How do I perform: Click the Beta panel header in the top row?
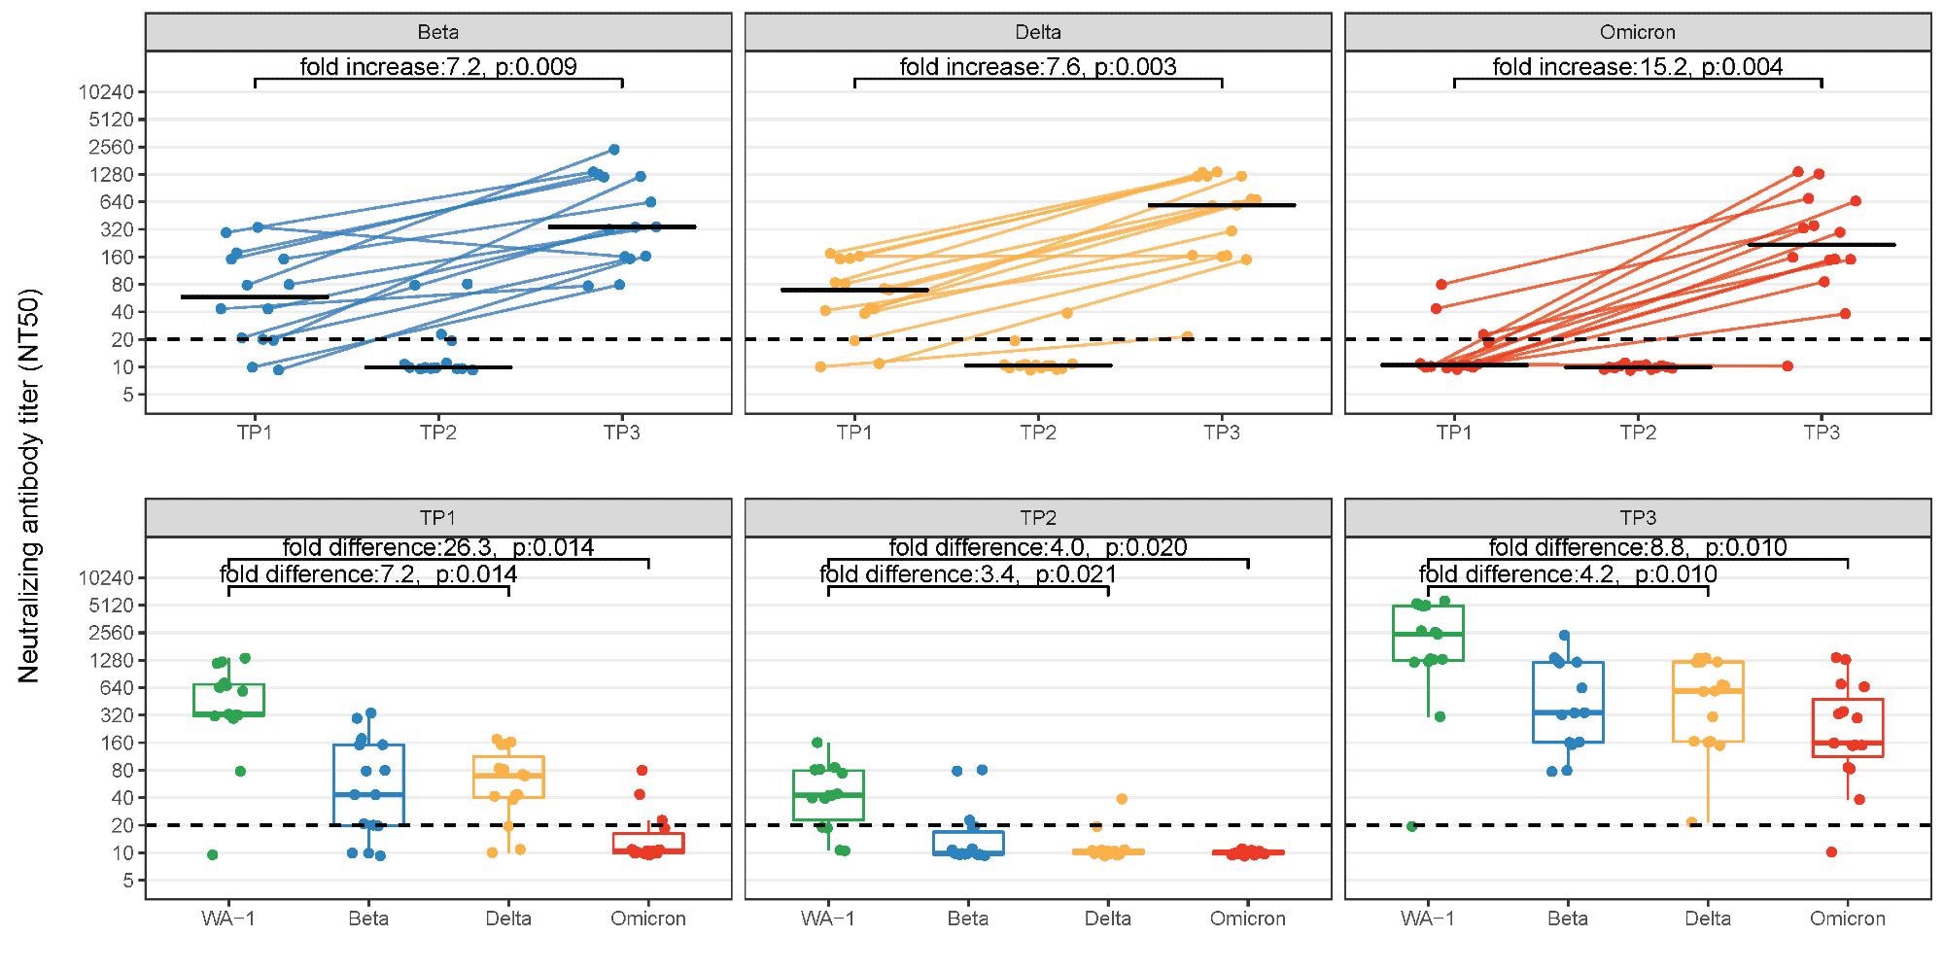pos(437,32)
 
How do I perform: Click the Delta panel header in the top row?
pos(1037,32)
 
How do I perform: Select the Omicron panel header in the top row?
pos(1637,32)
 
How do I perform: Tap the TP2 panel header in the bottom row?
pos(1037,517)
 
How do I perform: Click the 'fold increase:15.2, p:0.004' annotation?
pos(1637,67)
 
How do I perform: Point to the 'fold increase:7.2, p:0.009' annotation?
pos(437,67)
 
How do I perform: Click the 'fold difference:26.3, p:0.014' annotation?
pos(437,547)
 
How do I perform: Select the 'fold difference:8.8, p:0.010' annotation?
pos(1637,547)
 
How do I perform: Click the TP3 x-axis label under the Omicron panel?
pos(1821,433)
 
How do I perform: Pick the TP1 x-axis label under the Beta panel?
pos(255,433)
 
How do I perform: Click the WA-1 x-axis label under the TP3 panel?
pos(1427,919)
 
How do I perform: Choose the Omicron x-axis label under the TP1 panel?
pos(647,919)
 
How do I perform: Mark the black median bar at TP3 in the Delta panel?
pos(1221,205)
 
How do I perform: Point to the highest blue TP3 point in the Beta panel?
pos(613,149)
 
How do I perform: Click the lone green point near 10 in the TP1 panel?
pos(212,854)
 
